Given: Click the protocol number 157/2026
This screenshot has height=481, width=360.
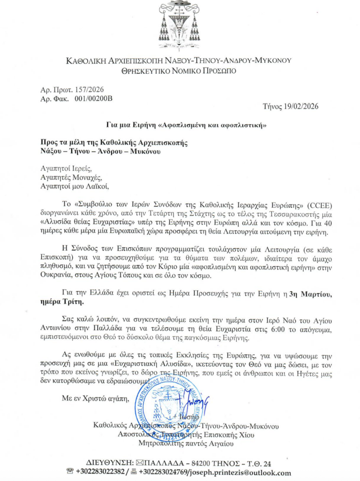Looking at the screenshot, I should pyautogui.click(x=88, y=90).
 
